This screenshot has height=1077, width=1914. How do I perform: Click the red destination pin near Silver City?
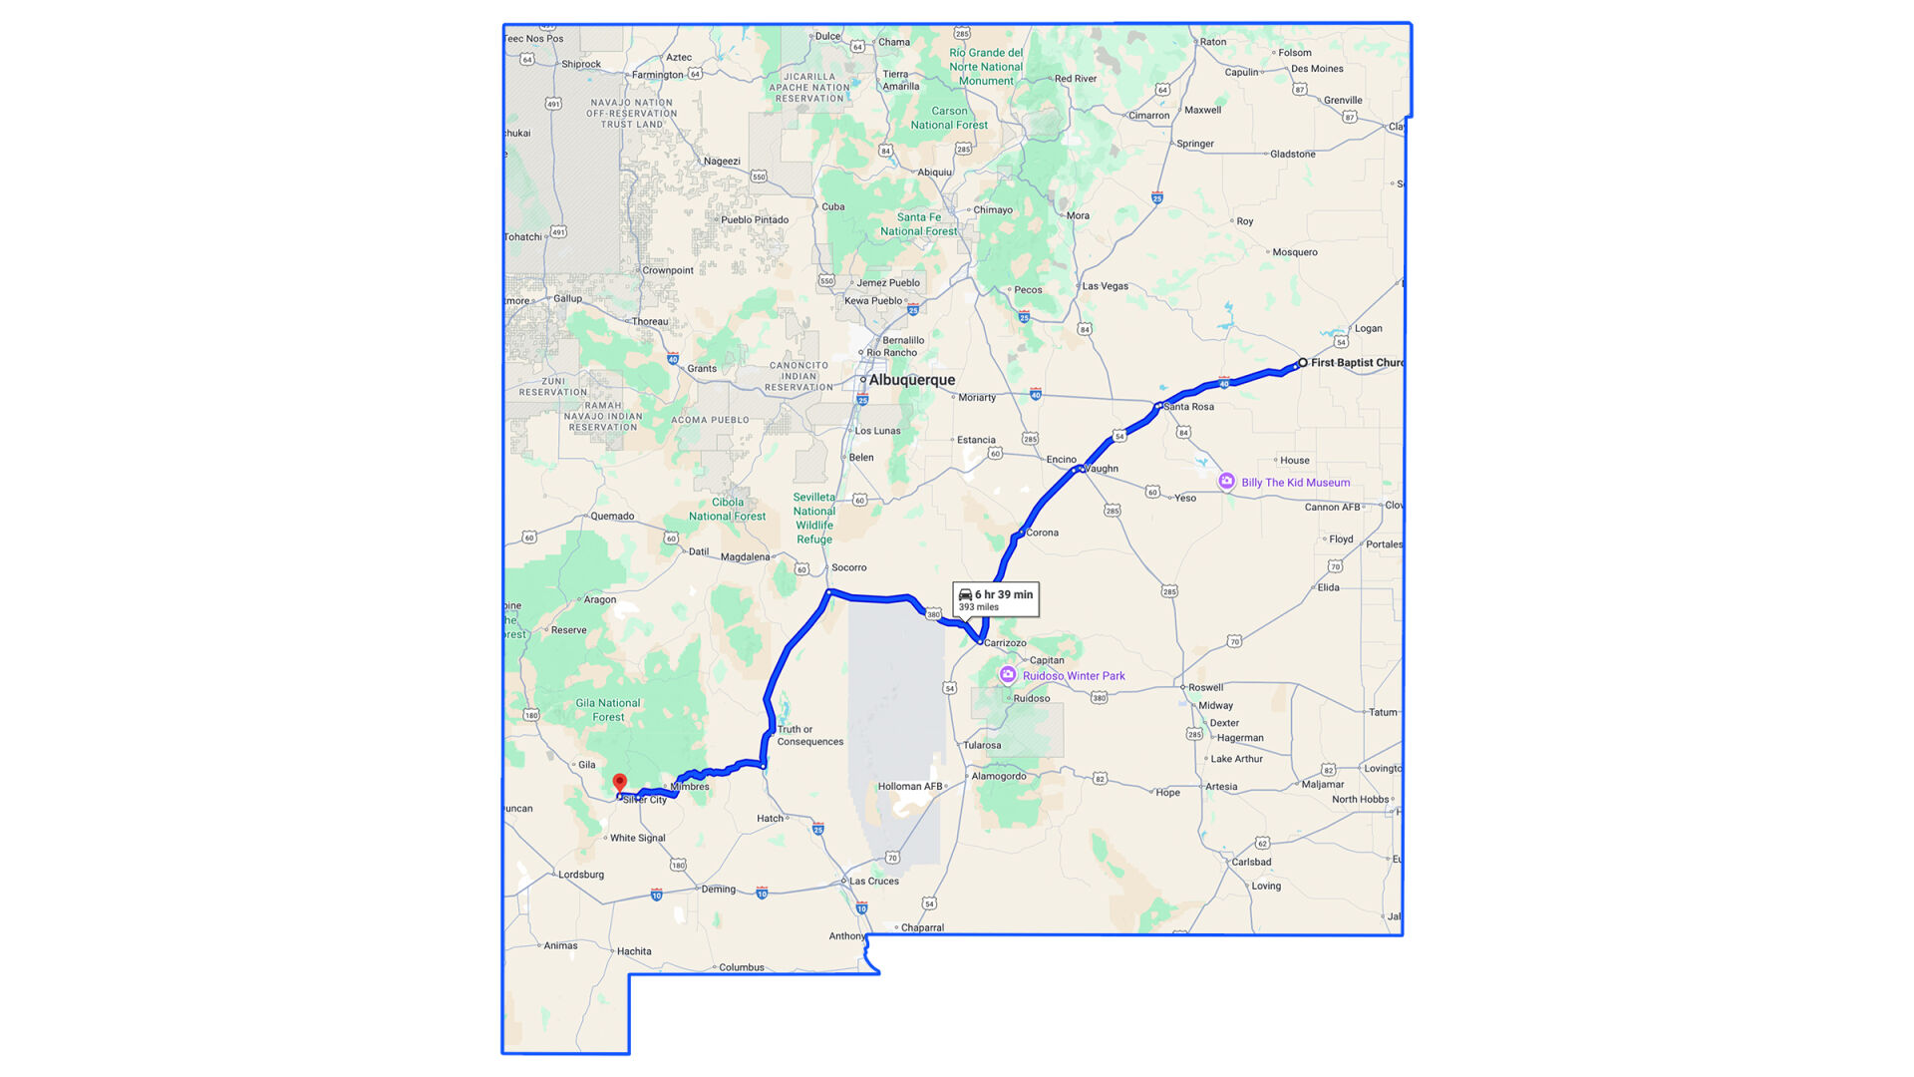(620, 784)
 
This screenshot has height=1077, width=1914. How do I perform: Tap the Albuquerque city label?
(911, 380)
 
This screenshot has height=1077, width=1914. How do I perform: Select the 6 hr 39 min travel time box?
(996, 599)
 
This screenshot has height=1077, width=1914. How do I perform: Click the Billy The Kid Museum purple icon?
(1226, 482)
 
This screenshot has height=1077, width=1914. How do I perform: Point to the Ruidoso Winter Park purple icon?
(1008, 675)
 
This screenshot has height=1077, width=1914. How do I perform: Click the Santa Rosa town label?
(1188, 407)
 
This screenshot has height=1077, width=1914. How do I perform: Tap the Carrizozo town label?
(1005, 643)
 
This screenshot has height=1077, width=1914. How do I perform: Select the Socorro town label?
(848, 567)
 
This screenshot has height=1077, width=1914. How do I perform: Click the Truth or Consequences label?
(809, 736)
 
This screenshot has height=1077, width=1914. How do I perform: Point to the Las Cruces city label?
(874, 882)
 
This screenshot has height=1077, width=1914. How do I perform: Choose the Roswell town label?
(1205, 687)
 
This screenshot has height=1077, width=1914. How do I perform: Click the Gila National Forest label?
(608, 710)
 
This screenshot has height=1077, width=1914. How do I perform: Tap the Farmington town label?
(657, 75)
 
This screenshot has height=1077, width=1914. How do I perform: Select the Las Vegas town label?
(1105, 286)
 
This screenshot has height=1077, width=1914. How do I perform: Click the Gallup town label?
(567, 298)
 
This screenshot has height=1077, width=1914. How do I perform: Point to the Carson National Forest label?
(949, 119)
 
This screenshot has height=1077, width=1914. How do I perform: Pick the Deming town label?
(718, 890)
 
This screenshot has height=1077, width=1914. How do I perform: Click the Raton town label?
(1213, 42)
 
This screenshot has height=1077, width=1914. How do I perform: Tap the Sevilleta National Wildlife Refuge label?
(814, 519)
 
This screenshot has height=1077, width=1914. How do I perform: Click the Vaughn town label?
(1102, 469)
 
